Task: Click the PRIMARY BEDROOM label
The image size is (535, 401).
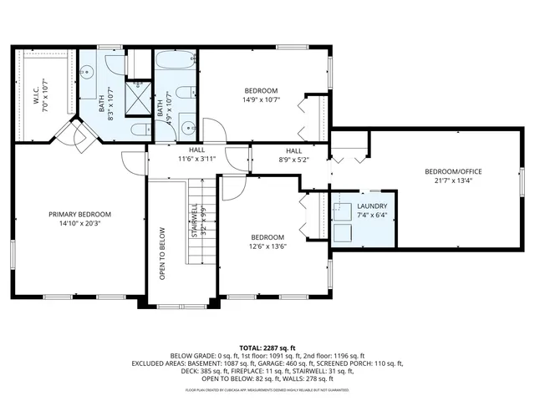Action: click(79, 215)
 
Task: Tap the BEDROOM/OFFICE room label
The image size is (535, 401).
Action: click(458, 171)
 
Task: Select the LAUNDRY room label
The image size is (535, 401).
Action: click(372, 206)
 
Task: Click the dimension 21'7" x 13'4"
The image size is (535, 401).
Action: click(458, 180)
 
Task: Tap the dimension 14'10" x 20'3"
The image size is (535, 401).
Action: click(79, 224)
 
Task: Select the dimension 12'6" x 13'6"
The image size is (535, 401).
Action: click(267, 246)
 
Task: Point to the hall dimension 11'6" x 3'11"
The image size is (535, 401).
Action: click(196, 159)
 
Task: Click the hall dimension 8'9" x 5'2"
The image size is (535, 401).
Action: click(276, 159)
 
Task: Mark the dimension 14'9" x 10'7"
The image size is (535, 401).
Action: click(261, 99)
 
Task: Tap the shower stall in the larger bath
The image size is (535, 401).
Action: click(136, 98)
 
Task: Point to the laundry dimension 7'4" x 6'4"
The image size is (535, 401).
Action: click(372, 215)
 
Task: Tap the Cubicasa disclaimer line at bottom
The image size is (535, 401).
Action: click(267, 390)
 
